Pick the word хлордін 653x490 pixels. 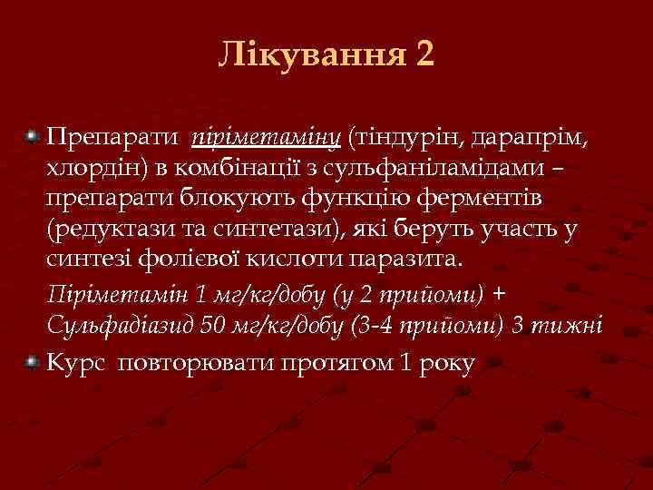[x=92, y=168]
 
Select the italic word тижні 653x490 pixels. [x=569, y=326]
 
